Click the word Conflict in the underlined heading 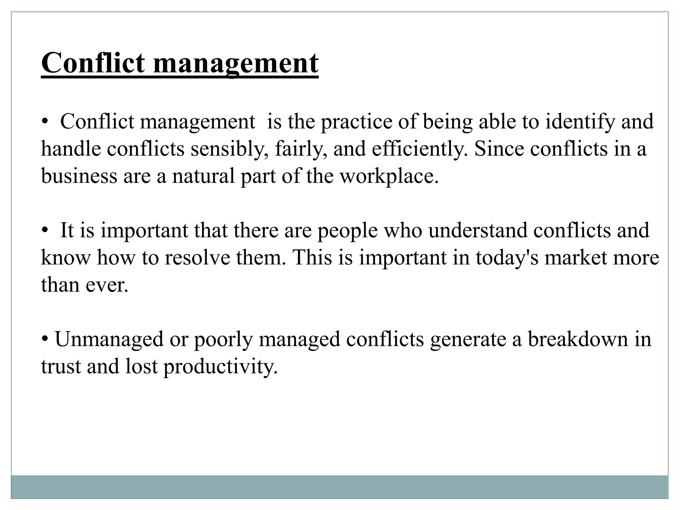[93, 63]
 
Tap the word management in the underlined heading [236, 64]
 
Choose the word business [79, 176]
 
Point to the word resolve [197, 258]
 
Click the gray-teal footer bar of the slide [339, 487]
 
